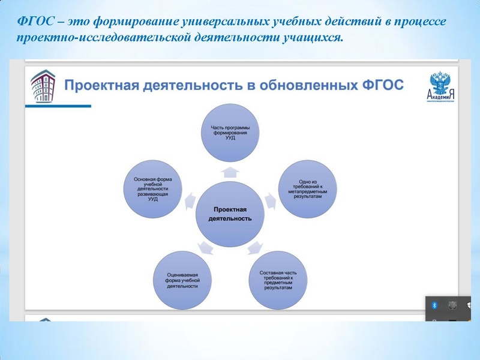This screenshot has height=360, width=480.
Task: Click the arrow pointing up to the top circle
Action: [230, 173]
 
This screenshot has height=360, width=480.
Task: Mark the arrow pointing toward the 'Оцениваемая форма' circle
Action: [204, 246]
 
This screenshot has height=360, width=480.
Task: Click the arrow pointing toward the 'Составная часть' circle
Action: [254, 246]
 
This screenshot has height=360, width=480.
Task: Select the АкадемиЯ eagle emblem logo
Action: [442, 87]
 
